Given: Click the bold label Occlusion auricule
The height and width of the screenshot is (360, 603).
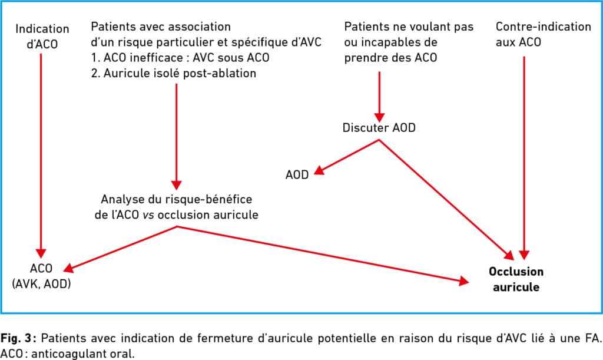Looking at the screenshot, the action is click(516, 279).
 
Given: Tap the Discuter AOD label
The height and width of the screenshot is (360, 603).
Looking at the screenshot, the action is click(379, 128).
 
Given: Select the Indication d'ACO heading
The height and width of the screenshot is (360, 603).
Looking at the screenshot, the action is click(42, 37).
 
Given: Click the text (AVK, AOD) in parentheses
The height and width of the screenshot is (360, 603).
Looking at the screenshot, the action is click(42, 284).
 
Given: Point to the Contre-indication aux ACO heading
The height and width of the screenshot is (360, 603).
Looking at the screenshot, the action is click(543, 34).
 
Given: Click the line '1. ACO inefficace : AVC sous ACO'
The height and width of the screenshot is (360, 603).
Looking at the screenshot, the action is click(180, 58).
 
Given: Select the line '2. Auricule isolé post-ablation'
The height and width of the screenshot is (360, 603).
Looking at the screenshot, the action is click(174, 73).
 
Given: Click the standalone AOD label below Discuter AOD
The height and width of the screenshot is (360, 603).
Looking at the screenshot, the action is click(297, 174).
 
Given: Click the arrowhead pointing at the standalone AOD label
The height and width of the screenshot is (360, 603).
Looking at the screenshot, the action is click(319, 170).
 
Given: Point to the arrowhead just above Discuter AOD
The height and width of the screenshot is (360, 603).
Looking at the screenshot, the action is click(379, 117).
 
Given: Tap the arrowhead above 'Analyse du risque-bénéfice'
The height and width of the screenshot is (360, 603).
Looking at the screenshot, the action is click(177, 184).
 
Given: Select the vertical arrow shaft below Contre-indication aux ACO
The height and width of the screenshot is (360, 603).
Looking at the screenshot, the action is click(524, 154).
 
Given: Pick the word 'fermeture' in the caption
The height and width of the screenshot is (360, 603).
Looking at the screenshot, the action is click(223, 338).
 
